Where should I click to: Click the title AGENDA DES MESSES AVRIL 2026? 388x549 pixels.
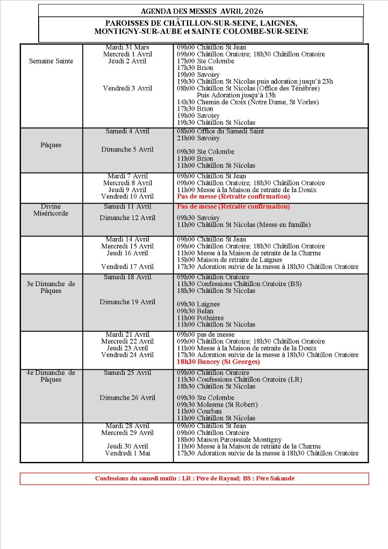[202, 11]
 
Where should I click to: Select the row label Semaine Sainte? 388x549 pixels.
[51, 61]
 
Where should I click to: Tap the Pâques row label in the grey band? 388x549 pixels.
[51, 145]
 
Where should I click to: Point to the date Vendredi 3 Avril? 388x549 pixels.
[127, 88]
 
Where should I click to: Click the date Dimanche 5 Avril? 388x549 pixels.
[127, 150]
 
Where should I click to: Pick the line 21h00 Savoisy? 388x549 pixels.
[198, 138]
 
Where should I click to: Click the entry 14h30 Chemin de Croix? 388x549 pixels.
[248, 102]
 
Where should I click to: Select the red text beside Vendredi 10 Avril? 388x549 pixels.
[233, 196]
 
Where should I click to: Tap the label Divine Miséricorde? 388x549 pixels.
[51, 210]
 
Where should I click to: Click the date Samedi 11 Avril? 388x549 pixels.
[127, 206]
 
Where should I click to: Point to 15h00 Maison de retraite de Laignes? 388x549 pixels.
[229, 259]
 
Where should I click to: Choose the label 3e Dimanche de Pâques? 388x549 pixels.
[51, 287]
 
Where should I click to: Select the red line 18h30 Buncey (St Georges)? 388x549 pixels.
[218, 362]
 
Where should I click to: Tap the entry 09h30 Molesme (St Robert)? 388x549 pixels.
[217, 404]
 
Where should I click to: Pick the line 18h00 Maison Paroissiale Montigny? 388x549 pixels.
[229, 440]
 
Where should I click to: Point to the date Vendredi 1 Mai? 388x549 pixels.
[127, 453]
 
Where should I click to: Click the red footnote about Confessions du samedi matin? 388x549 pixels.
[195, 478]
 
